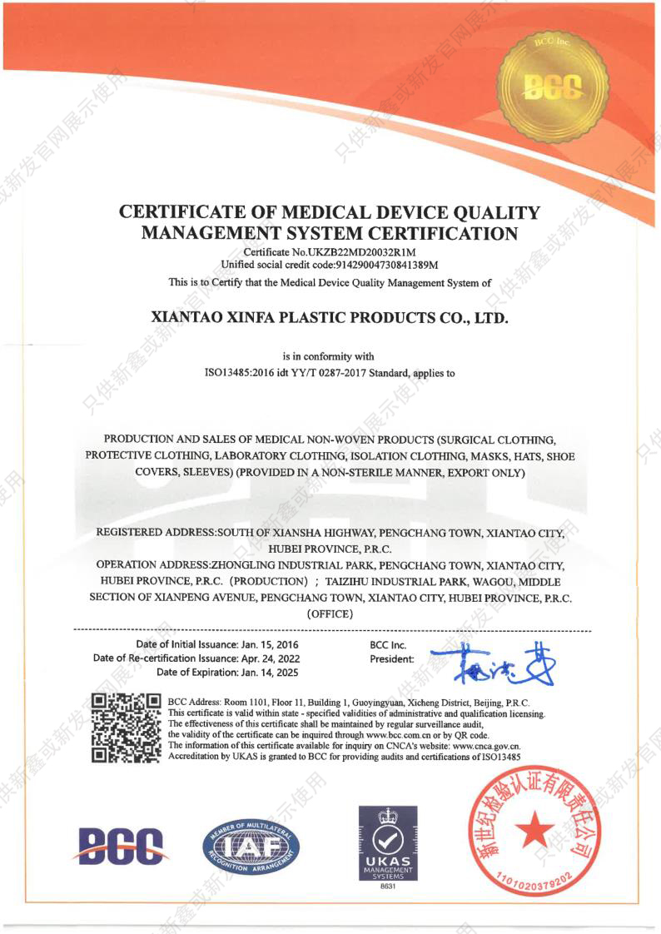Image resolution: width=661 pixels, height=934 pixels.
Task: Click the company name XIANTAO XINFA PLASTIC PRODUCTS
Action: pos(330,317)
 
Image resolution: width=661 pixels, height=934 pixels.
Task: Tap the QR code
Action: pos(126,727)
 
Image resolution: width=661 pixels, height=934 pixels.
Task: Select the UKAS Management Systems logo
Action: pos(388,842)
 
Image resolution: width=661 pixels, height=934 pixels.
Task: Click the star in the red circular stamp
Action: pos(534,830)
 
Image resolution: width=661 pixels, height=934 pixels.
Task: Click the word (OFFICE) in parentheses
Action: pos(330,614)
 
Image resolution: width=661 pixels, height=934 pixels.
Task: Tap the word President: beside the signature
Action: pos(391,659)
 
